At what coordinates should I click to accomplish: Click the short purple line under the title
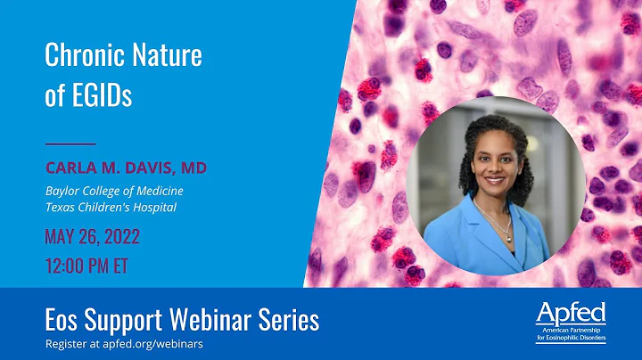[70, 143]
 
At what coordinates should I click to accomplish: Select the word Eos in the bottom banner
[63, 318]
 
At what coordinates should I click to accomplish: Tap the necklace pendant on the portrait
[508, 236]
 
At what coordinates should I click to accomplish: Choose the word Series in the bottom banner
[287, 318]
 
